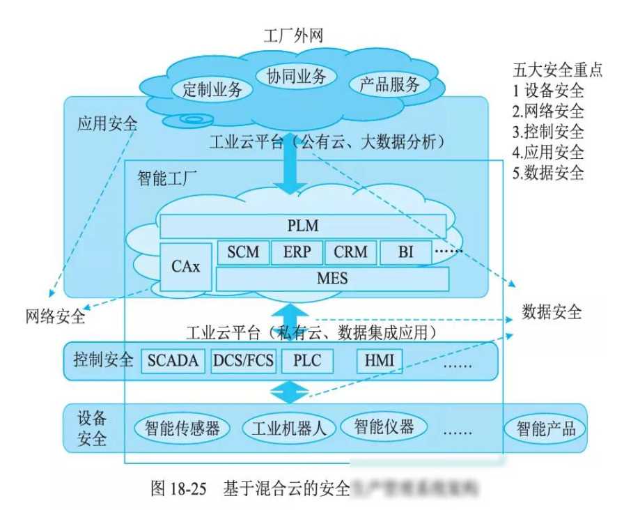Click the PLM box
[303, 226]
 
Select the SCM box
[242, 252]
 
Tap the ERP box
[296, 252]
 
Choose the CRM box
[350, 252]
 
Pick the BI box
[405, 252]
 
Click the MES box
[331, 279]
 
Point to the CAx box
[185, 266]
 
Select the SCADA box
[173, 361]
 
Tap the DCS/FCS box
[244, 361]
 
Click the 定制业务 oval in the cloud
[212, 89]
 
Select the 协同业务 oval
[296, 76]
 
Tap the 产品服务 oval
[389, 85]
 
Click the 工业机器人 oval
[288, 427]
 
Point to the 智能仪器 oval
[383, 424]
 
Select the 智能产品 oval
[546, 427]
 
